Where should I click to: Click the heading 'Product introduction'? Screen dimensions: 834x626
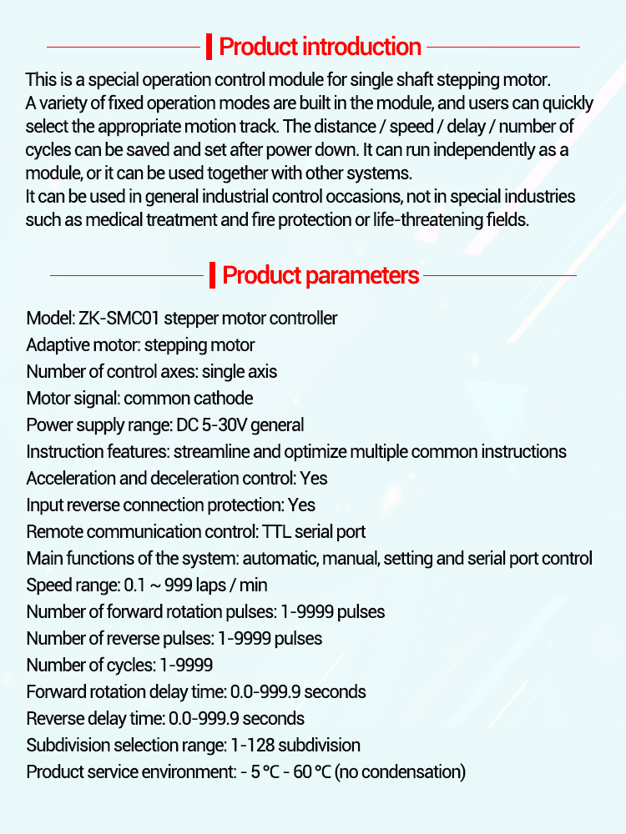pyautogui.click(x=320, y=47)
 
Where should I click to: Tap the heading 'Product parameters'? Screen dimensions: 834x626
pyautogui.click(x=321, y=275)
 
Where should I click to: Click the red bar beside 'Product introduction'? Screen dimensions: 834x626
pyautogui.click(x=210, y=47)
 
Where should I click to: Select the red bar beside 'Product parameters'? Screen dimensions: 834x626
pyautogui.click(x=213, y=275)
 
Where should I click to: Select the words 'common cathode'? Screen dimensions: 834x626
pyautogui.click(x=189, y=399)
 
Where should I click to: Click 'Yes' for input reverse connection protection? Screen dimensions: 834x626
pyautogui.click(x=301, y=505)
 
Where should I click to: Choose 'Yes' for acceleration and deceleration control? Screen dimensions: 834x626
pyautogui.click(x=313, y=479)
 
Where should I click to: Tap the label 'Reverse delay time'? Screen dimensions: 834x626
pyautogui.click(x=93, y=719)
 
